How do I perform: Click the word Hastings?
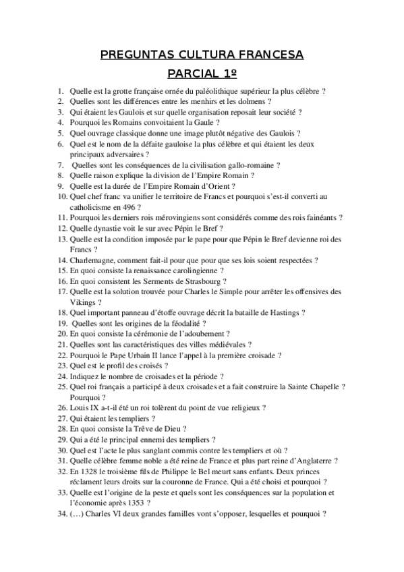[x=281, y=313]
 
